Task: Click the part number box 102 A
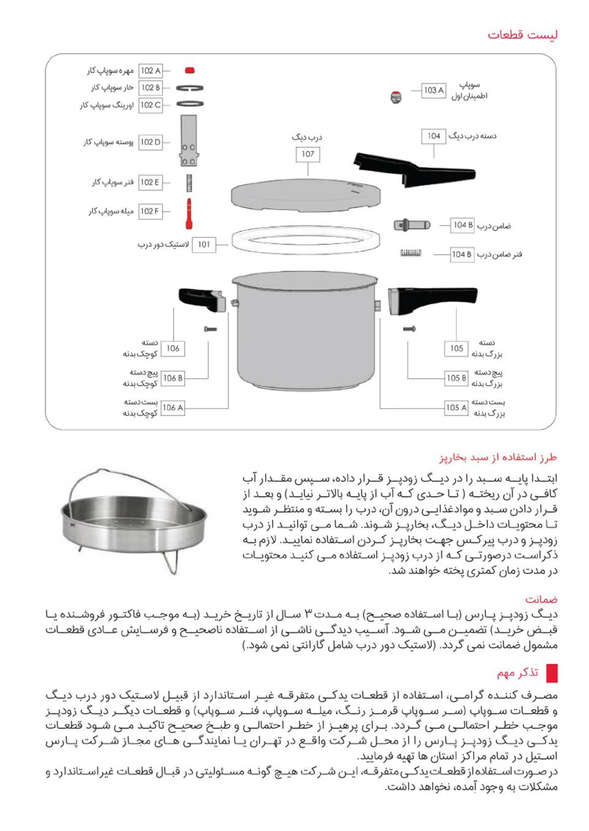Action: click(150, 71)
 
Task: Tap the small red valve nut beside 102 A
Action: click(190, 71)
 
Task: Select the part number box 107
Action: click(308, 154)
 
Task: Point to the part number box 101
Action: click(204, 244)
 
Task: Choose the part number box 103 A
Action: click(434, 90)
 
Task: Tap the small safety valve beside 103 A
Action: click(397, 96)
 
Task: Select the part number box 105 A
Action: click(456, 408)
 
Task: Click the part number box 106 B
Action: click(172, 378)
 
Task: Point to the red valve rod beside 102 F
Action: click(189, 213)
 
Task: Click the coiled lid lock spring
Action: click(411, 253)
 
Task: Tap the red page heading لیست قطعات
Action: click(522, 34)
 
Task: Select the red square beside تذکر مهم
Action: click(552, 673)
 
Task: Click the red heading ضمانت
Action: click(541, 599)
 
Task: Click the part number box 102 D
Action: click(150, 142)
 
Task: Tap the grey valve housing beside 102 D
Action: click(188, 141)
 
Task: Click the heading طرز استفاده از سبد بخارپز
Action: click(498, 457)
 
